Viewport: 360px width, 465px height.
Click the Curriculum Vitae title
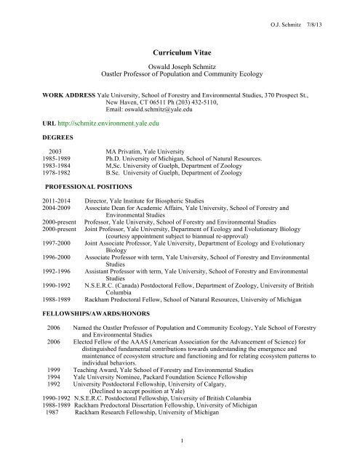click(x=179, y=54)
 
